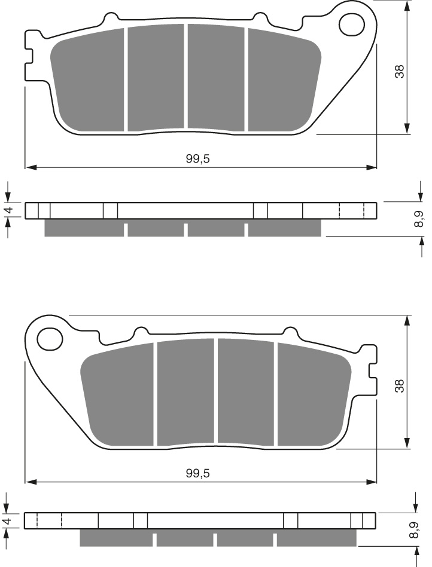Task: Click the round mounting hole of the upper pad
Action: coord(351,24)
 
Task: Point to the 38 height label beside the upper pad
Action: coord(400,71)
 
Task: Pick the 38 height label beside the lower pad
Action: coord(400,386)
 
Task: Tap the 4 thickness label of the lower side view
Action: coord(7,521)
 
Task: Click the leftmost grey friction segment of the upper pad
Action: coord(88,80)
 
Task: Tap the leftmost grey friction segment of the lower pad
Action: coord(118,394)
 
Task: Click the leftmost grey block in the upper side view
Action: coord(84,228)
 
